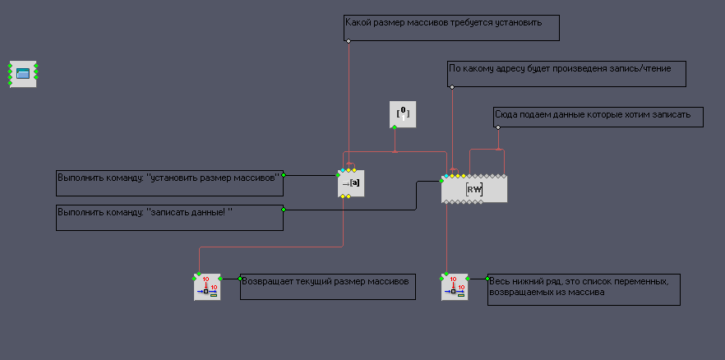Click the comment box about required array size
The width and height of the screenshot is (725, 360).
pos(451,28)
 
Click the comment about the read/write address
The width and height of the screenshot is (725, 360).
pos(567,73)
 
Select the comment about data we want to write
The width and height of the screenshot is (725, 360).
pos(598,117)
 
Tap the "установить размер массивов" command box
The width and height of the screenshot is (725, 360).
pos(169,182)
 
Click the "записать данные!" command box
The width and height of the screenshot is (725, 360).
pos(169,218)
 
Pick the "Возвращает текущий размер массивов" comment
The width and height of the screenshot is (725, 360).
pos(328,287)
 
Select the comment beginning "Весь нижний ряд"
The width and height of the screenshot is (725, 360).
pos(584,289)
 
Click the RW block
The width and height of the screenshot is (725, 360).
pos(474,189)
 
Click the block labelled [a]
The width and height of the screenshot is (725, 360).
pos(351,182)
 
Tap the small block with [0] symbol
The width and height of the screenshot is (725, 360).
pos(403,114)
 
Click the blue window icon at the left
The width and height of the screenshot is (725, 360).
pos(23,74)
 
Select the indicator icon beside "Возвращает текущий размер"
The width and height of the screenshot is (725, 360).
pos(207,287)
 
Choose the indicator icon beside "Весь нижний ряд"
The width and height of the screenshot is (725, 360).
pos(454,287)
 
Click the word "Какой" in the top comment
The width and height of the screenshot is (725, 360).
pos(358,22)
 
